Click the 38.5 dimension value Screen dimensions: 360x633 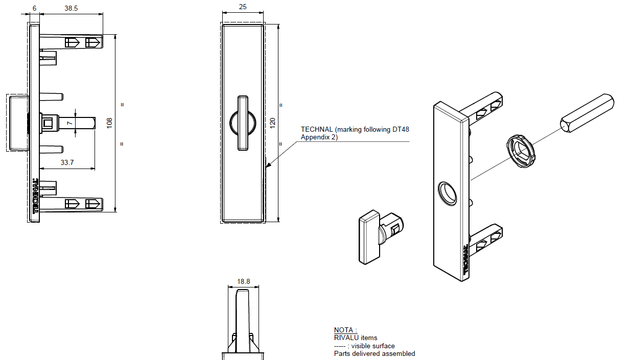[71, 8]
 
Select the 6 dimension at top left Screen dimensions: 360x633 [34, 8]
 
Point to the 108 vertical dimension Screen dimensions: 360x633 [109, 123]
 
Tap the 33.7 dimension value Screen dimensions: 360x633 [67, 163]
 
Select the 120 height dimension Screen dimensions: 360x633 [273, 123]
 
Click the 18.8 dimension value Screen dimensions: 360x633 [244, 281]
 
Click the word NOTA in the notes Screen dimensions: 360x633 [344, 330]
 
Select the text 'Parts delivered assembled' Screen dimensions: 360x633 [374, 353]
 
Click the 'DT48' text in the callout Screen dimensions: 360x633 [401, 130]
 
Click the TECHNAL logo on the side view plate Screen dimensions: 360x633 [36, 196]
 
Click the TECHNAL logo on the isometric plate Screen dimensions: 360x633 [465, 261]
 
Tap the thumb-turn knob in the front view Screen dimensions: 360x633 [243, 123]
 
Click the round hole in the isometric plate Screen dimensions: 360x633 [448, 193]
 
